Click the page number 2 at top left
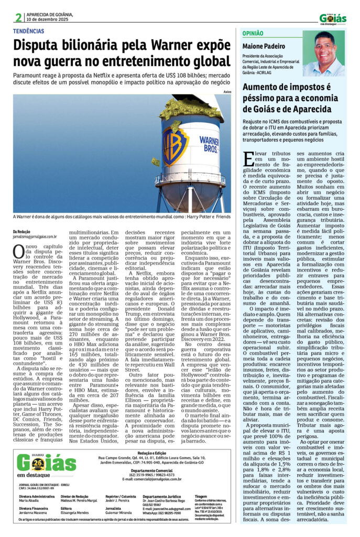(19, 17)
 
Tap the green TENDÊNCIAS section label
(29, 31)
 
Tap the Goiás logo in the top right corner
(333, 18)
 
